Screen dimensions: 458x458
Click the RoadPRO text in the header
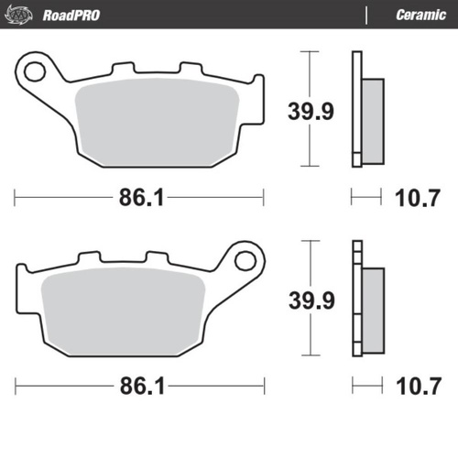(x=71, y=14)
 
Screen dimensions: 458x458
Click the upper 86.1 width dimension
(x=139, y=196)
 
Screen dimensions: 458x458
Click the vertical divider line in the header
(x=366, y=14)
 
